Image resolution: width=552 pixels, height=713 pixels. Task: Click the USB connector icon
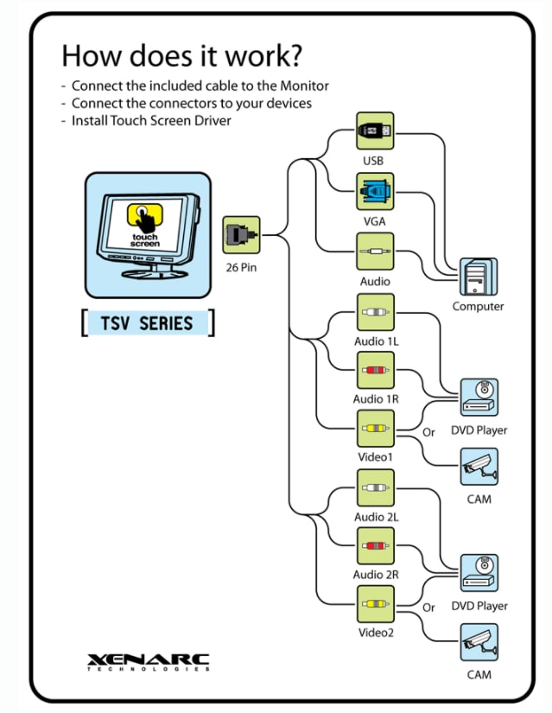point(375,131)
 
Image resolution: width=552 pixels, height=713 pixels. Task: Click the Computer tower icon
point(478,277)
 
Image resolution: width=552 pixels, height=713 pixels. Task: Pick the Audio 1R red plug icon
point(375,370)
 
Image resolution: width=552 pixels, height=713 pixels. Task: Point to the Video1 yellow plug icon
point(375,429)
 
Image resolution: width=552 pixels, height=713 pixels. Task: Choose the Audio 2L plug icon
point(375,488)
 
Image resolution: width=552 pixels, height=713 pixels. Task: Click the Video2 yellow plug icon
point(375,604)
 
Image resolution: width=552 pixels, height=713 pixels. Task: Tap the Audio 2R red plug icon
point(375,546)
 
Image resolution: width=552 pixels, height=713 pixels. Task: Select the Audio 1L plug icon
point(375,312)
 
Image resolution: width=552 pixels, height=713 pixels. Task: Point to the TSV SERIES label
point(147,324)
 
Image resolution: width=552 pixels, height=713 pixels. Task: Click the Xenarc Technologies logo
point(148,664)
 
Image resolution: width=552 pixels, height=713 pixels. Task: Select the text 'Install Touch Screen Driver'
point(151,120)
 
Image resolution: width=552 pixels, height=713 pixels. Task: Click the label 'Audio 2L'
point(376,517)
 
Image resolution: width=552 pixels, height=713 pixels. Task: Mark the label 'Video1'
point(376,457)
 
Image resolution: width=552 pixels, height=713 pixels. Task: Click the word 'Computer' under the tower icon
point(478,307)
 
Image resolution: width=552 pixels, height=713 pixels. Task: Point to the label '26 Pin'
point(241,268)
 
